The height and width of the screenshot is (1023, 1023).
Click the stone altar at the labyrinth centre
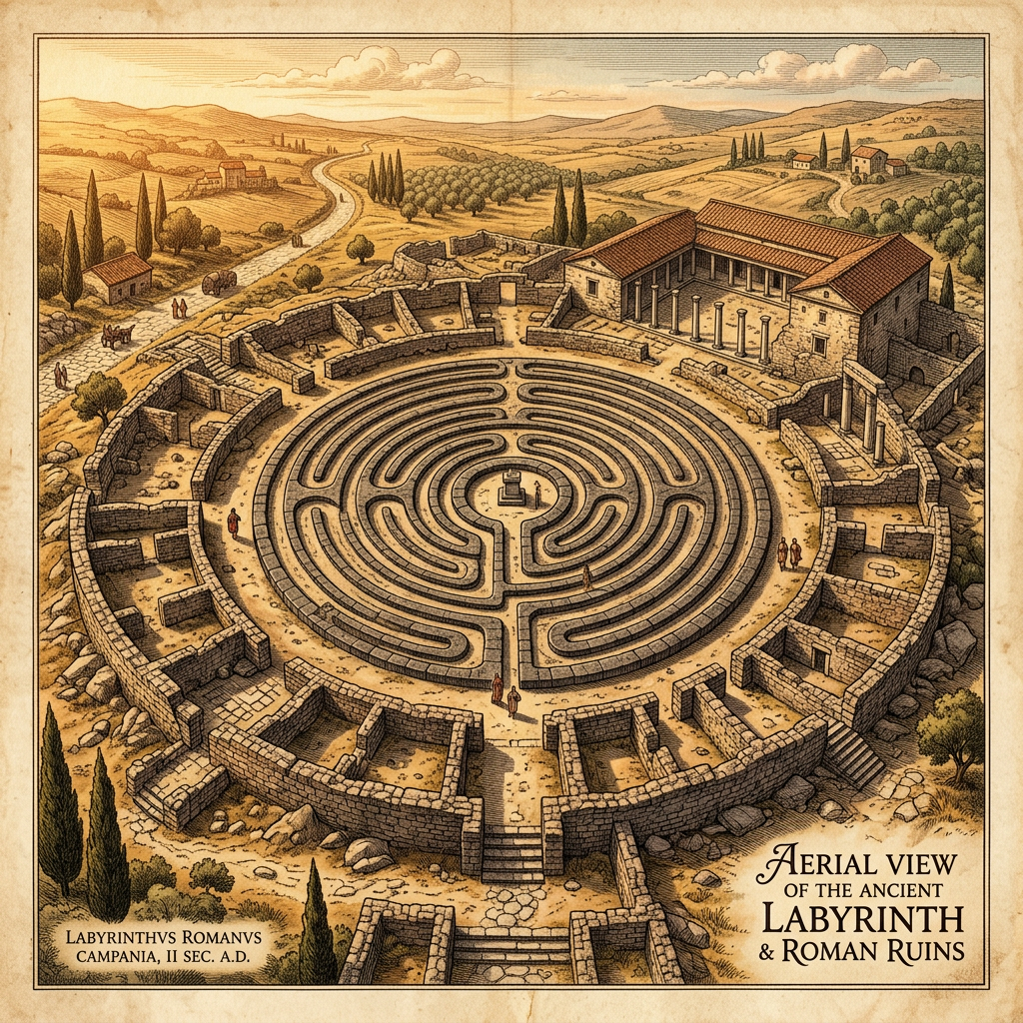pos(512,488)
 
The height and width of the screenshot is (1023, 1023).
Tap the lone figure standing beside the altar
pos(536,492)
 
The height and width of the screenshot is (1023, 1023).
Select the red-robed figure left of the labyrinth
pos(233,521)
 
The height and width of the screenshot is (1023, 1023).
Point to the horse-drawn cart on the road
pos(118,336)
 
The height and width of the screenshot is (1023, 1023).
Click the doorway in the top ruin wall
pos(508,293)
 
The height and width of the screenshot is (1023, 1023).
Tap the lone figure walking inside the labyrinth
pos(586,576)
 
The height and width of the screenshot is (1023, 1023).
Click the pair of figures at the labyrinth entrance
pos(504,693)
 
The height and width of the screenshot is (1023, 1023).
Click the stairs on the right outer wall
pos(854,755)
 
